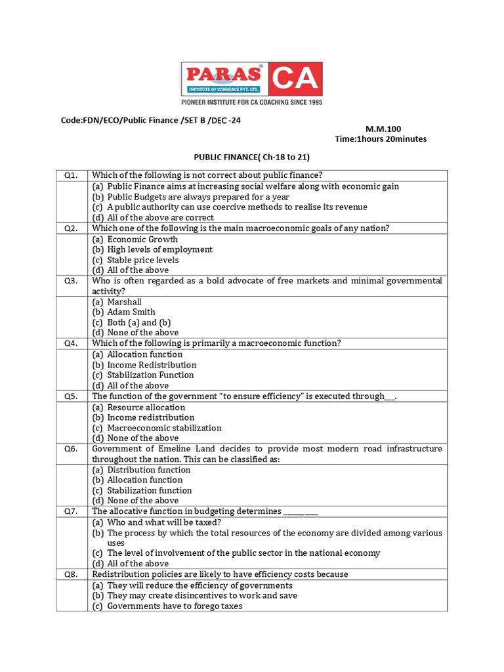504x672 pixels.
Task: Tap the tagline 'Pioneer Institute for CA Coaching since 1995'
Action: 252,102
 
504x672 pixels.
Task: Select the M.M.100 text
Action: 383,129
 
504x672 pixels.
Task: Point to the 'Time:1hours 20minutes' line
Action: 381,139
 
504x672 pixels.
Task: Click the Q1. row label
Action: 71,175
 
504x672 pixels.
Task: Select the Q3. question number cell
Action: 71,281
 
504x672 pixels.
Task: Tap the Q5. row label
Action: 71,396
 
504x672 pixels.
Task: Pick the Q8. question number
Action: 71,574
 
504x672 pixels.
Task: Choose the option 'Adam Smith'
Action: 131,312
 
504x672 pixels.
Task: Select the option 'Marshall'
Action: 124,302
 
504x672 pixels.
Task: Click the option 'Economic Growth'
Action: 142,240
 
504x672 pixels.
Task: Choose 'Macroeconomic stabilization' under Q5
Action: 164,428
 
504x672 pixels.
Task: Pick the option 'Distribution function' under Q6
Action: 149,470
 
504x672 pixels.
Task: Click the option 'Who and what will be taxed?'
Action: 164,522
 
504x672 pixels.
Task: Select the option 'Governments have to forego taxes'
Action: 175,606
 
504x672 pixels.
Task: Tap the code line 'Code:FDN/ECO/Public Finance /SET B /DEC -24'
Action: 146,120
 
